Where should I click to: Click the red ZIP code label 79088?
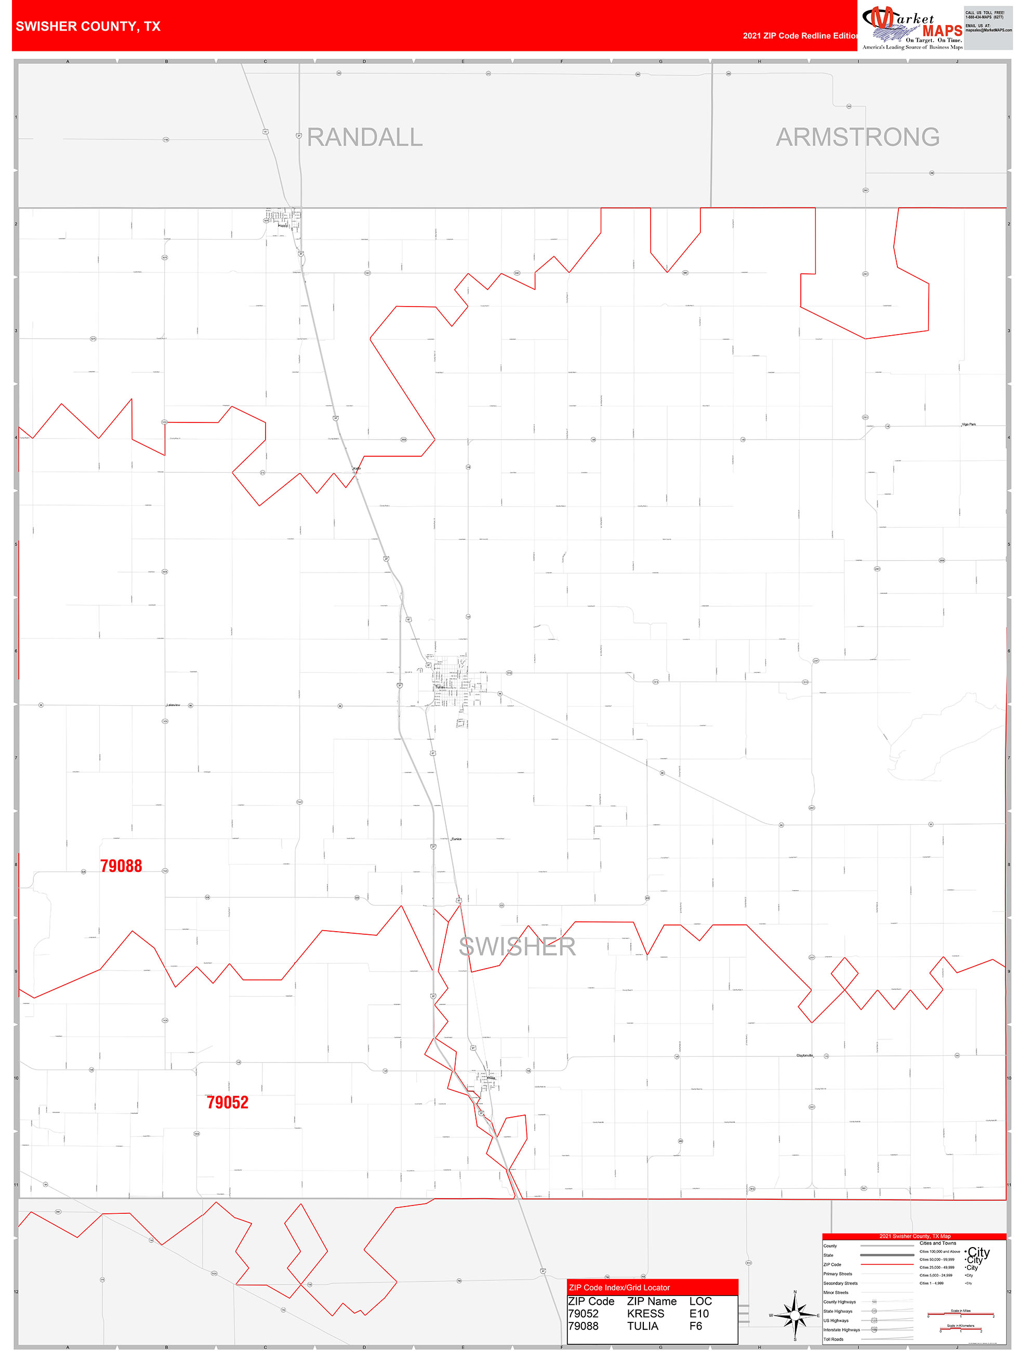coord(121,866)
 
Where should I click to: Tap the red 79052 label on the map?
coord(227,1103)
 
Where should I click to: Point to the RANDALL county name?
coord(365,137)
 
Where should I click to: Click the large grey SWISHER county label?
coord(517,947)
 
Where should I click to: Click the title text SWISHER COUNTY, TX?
coord(88,27)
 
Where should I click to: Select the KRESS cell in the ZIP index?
coord(645,1313)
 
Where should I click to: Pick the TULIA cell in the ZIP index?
coord(642,1326)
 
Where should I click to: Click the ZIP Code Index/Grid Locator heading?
coord(619,1288)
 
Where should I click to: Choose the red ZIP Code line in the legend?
coord(886,1264)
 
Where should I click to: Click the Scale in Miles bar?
coord(960,1314)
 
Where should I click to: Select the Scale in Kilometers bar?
coord(960,1329)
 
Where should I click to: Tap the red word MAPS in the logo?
coord(942,31)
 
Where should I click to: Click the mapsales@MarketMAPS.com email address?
coord(988,30)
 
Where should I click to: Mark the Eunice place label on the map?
coord(456,839)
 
